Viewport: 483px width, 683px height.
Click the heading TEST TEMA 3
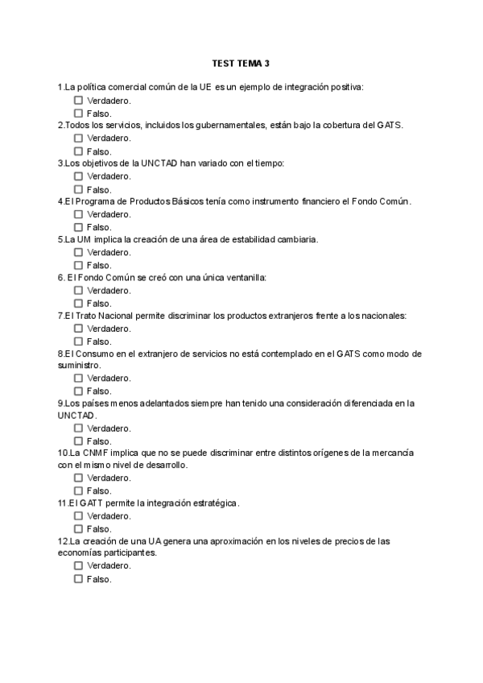(241, 63)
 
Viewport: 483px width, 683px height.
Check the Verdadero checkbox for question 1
(78, 101)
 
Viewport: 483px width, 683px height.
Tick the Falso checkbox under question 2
(78, 151)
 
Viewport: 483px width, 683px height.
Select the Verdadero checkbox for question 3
(78, 176)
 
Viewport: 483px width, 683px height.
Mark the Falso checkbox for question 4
(78, 227)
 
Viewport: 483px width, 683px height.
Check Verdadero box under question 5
(78, 252)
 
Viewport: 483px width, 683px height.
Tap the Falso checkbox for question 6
(78, 303)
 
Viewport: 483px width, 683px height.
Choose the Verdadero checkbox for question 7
(78, 329)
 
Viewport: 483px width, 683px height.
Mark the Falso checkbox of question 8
(78, 391)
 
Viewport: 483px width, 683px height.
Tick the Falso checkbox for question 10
(78, 491)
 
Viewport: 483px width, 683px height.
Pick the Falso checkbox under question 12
(78, 578)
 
